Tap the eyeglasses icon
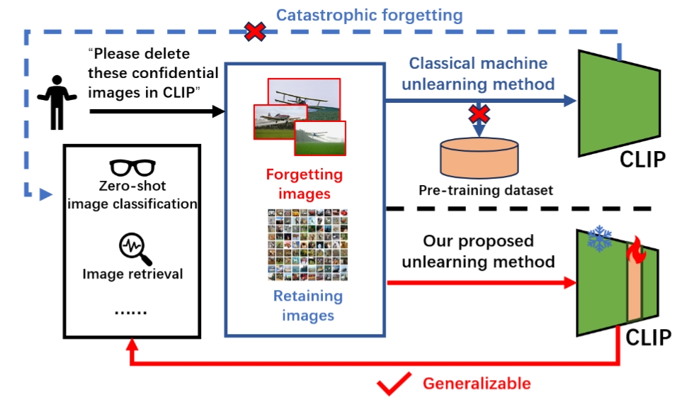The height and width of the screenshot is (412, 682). (x=132, y=169)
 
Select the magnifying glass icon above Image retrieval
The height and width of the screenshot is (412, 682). (x=132, y=248)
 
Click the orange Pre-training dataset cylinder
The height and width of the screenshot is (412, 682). (x=479, y=157)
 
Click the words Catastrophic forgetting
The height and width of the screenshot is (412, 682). (x=369, y=15)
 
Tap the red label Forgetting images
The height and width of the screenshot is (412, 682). (x=304, y=184)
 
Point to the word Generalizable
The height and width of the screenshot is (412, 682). (x=476, y=384)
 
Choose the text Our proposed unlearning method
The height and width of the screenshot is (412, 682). (x=478, y=251)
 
